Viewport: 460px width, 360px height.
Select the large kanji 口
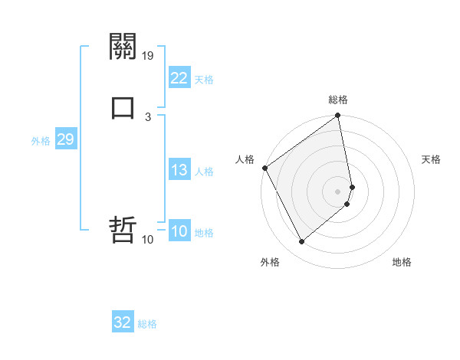coord(123,107)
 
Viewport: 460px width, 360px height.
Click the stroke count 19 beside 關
coord(149,55)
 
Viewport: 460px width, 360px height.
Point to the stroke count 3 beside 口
coord(148,116)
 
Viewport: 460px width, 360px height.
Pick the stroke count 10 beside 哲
coord(148,240)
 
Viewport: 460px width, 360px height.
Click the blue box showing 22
coord(179,78)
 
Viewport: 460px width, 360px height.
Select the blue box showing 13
coord(179,170)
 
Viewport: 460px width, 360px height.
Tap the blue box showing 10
coord(179,232)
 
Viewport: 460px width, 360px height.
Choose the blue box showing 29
coord(65,139)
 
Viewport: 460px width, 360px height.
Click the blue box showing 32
coord(123,322)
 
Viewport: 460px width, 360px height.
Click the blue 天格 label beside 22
coord(204,80)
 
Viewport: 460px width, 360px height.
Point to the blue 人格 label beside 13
coord(204,172)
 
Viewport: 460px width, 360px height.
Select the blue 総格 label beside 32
coord(147,324)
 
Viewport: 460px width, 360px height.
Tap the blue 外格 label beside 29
coord(41,141)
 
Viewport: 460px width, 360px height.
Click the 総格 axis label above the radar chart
coord(338,100)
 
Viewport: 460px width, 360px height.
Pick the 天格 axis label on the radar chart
coord(431,159)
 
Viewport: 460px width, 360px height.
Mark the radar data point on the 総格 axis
coord(338,116)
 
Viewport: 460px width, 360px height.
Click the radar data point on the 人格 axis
coord(265,168)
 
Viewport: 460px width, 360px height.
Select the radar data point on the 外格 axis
coord(302,241)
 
